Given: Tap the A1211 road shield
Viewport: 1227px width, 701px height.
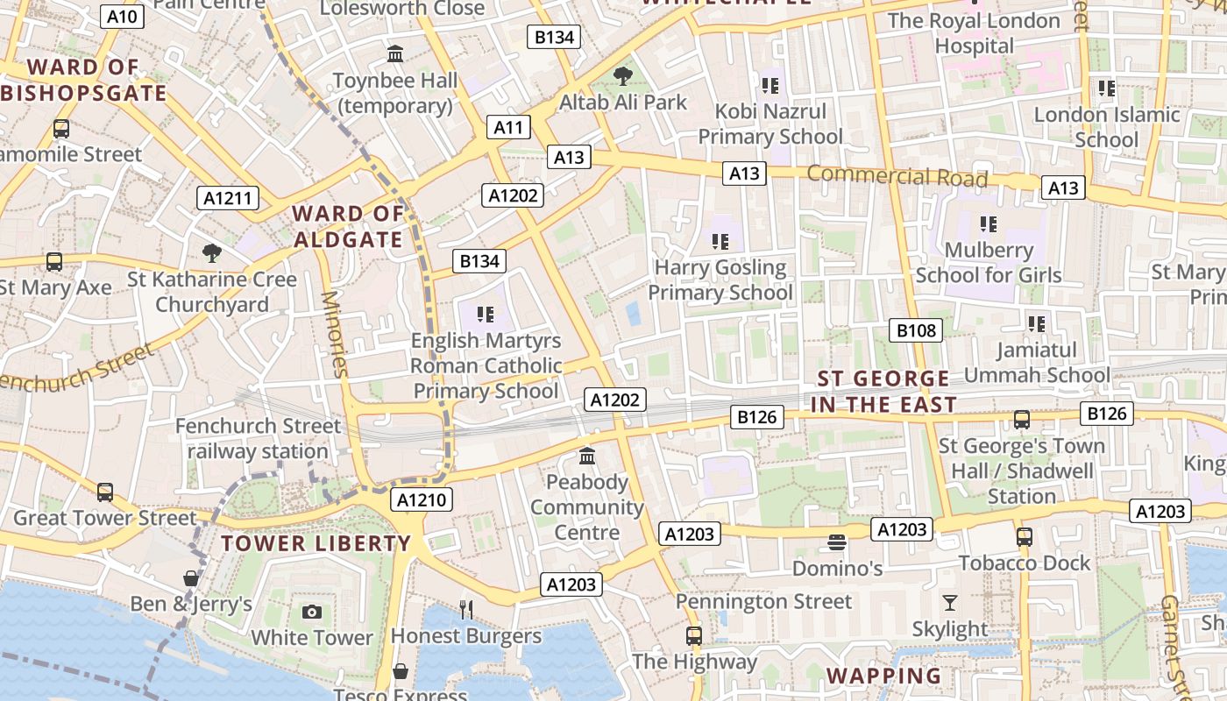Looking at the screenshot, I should (227, 198).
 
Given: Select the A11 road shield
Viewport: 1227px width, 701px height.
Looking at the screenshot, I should (508, 128).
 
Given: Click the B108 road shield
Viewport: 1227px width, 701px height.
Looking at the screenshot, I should (916, 330).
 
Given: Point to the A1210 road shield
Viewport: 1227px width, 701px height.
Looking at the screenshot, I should (422, 500).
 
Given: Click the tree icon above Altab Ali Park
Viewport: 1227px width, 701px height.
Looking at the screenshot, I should (623, 76).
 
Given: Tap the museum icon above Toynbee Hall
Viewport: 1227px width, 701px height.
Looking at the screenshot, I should (395, 54).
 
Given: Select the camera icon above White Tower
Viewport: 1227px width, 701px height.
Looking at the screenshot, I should (312, 612).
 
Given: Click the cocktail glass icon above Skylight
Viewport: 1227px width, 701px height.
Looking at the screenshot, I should (949, 602).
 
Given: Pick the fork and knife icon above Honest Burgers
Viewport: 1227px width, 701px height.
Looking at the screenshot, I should (466, 609).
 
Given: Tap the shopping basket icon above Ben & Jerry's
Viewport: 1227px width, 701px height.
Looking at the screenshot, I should (191, 578).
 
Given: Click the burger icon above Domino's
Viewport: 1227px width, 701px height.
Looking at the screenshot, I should (836, 542).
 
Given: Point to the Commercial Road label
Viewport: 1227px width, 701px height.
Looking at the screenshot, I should (897, 175).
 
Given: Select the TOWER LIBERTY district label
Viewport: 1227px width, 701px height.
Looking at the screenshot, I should (316, 543).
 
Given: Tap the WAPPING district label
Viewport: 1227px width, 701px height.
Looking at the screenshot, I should (883, 676).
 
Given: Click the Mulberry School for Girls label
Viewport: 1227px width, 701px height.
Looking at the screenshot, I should (989, 262).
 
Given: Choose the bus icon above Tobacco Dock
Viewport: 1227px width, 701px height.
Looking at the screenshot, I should (1024, 536).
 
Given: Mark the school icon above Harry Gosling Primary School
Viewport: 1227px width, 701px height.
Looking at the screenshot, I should (720, 241).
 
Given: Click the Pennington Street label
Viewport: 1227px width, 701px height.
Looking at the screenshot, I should (763, 602).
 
